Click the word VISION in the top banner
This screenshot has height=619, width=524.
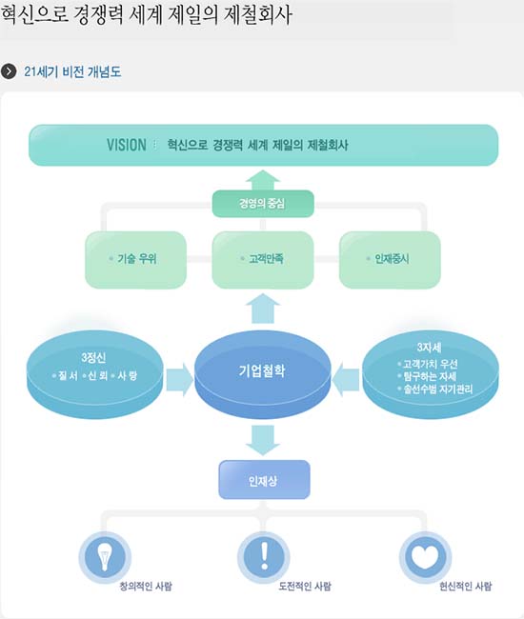pyautogui.click(x=127, y=145)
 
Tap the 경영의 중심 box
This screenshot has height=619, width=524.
pyautogui.click(x=263, y=203)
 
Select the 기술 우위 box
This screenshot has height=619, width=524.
pyautogui.click(x=136, y=259)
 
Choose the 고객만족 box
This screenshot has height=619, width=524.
pyautogui.click(x=263, y=259)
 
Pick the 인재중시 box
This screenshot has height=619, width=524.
pyautogui.click(x=390, y=259)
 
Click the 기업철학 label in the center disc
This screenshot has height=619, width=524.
pyautogui.click(x=262, y=370)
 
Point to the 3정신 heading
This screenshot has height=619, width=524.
pyautogui.click(x=93, y=358)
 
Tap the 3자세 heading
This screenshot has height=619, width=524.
pyautogui.click(x=430, y=348)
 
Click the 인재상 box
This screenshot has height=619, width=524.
pyautogui.click(x=264, y=480)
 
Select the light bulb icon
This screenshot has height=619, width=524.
pyautogui.click(x=105, y=556)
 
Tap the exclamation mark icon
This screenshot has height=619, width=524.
pyautogui.click(x=264, y=557)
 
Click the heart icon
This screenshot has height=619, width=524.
pyautogui.click(x=425, y=556)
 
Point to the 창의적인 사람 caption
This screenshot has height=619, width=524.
pyautogui.click(x=146, y=587)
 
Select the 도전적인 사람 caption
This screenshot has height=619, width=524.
pyautogui.click(x=305, y=587)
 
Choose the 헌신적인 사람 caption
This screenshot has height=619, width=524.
pyautogui.click(x=466, y=587)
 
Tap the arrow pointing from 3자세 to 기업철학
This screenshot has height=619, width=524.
pyautogui.click(x=346, y=380)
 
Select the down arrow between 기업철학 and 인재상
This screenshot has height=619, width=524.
pyautogui.click(x=263, y=440)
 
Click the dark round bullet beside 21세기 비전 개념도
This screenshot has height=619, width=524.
pyautogui.click(x=9, y=71)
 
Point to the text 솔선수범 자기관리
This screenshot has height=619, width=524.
pyautogui.click(x=437, y=389)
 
